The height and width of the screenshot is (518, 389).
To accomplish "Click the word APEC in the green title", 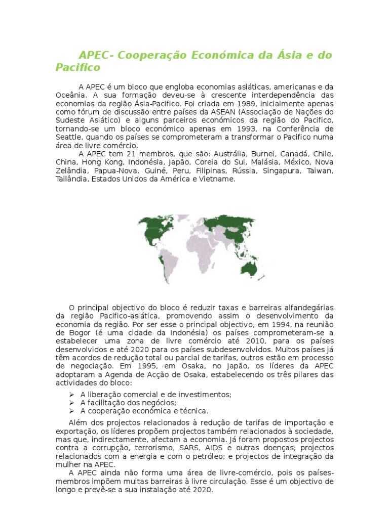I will [x=94, y=55].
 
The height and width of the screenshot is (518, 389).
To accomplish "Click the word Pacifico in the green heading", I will [x=78, y=67].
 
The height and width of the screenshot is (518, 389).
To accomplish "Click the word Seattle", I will [x=69, y=137].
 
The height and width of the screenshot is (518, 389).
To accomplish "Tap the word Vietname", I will [x=219, y=179].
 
